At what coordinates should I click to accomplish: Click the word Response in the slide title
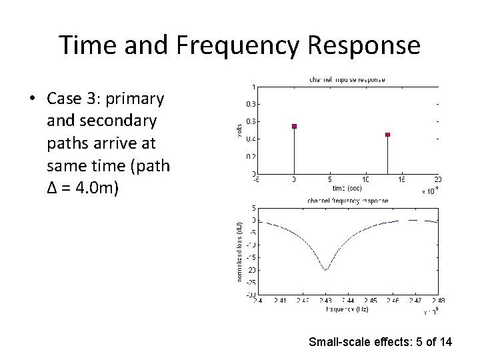(356, 45)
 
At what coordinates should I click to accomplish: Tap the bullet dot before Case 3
(33, 99)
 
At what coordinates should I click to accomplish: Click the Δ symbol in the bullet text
(52, 187)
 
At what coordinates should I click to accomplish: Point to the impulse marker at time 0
(294, 126)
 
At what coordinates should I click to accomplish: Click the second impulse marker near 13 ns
(388, 135)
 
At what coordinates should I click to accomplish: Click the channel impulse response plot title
(347, 80)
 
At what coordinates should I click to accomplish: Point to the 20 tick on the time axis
(438, 179)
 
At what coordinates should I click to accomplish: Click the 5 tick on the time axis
(330, 179)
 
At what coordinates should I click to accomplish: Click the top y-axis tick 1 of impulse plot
(252, 87)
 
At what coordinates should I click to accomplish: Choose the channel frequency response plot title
(347, 200)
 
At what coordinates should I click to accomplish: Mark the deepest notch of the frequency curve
(325, 269)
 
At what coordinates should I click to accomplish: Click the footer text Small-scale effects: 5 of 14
(380, 342)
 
